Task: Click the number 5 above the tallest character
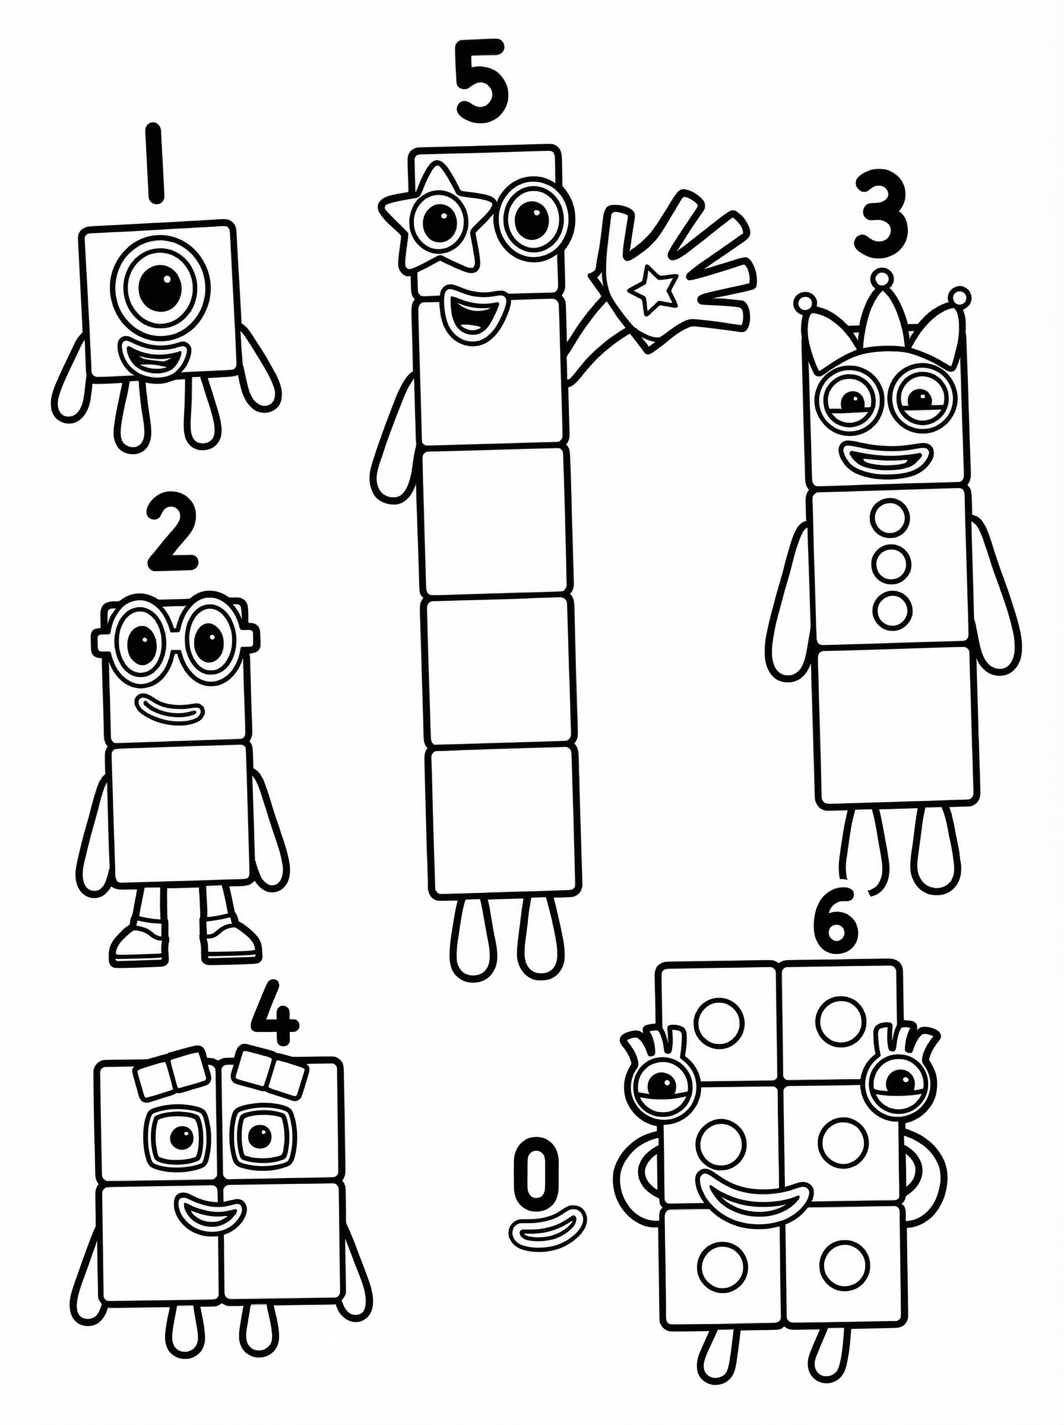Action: [x=482, y=81]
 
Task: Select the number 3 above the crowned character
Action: [x=881, y=213]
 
